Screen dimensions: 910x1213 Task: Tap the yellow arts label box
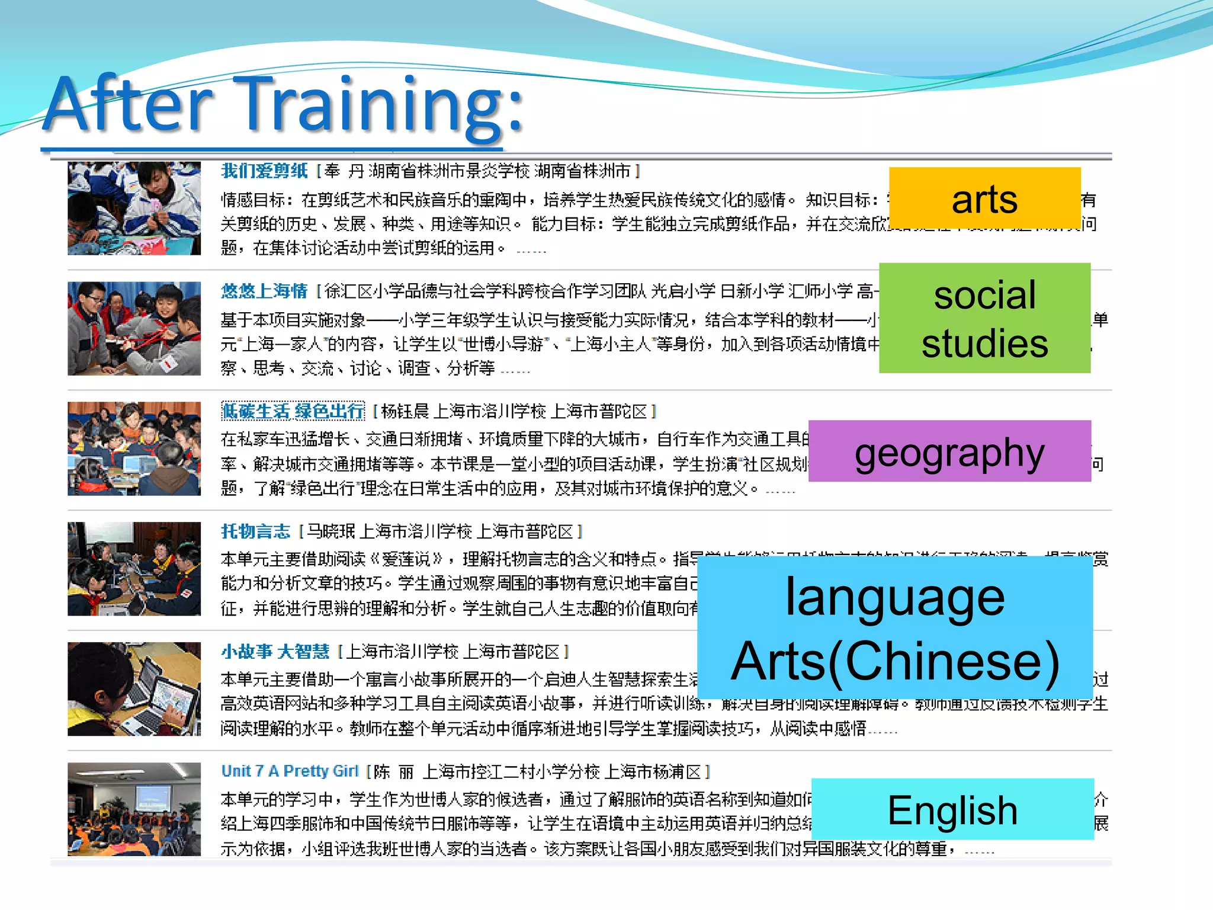[984, 198]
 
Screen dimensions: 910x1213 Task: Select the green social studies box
[984, 318]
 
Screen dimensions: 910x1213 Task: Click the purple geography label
[949, 451]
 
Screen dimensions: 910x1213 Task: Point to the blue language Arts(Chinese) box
[895, 628]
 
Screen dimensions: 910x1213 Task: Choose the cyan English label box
[952, 809]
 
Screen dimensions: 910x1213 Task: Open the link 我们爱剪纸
[264, 171]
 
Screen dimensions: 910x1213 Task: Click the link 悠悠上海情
[264, 291]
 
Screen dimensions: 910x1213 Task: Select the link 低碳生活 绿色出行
[293, 411]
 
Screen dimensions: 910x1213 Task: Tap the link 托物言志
[256, 531]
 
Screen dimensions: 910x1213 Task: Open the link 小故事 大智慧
[275, 652]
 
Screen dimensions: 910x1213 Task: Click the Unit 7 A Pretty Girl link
[290, 771]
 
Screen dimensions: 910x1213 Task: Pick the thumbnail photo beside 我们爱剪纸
[134, 208]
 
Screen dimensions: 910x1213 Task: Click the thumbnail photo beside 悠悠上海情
[134, 328]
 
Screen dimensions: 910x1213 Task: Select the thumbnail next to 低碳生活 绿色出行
[134, 448]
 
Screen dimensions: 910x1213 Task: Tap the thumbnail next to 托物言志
[134, 569]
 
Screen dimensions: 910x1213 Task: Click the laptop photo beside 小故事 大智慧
[134, 689]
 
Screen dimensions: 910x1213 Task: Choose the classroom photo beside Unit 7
[134, 809]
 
